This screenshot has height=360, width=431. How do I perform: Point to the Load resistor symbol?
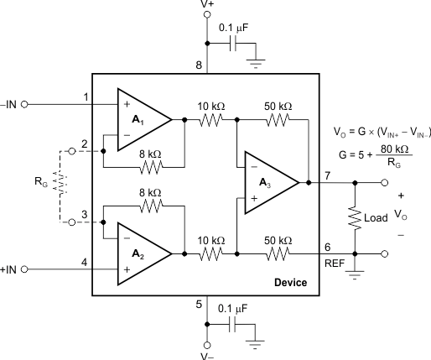pos(355,218)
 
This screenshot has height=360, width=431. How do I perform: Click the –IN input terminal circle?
pos(24,105)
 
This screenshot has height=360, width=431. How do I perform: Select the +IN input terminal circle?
pos(24,269)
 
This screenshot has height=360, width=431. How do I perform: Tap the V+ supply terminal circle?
pos(207,14)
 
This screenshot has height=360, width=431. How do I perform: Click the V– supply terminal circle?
pos(207,346)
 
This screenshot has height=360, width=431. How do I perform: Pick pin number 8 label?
pos(199,65)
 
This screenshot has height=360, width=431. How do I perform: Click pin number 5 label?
pos(199,305)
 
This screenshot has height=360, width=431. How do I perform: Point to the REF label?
pos(335,263)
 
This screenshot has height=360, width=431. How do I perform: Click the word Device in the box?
pos(290,283)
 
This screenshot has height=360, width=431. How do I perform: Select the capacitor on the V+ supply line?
pos(233,44)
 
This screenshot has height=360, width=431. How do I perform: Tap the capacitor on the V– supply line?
pos(232,325)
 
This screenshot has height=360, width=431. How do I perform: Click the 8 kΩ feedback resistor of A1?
pos(151,167)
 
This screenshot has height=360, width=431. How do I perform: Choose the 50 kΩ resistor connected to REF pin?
pos(278,254)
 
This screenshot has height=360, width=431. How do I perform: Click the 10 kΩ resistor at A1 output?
pos(211,120)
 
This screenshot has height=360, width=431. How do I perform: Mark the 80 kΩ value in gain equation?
pos(394,149)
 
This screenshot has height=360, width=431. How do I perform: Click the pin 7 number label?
pos(328,175)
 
